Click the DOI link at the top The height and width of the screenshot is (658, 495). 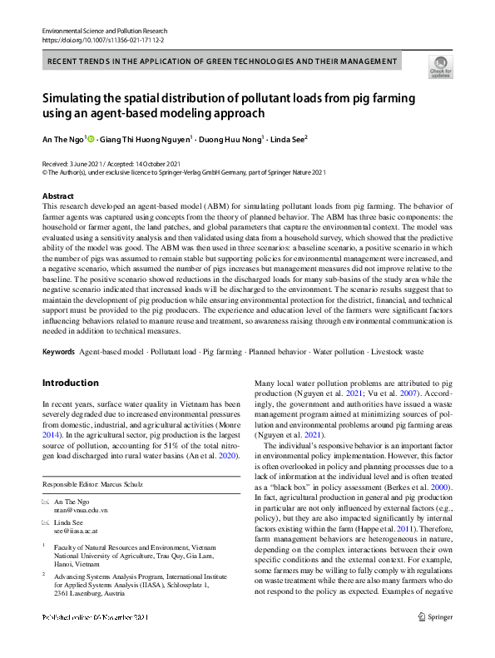[103, 40]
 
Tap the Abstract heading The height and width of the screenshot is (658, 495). [57, 195]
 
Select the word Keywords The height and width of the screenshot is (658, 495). [57, 353]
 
